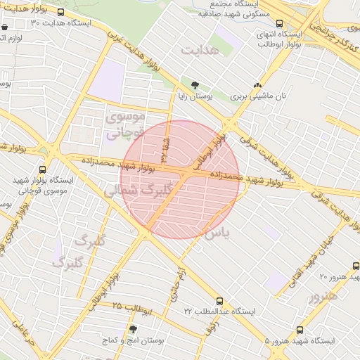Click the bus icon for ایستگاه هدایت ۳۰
coord(61,13)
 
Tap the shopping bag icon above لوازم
coord(6,28)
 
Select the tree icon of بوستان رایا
coord(186,84)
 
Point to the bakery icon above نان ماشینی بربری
coord(258,84)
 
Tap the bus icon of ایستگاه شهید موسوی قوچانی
coord(43,169)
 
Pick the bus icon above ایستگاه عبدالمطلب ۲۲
coord(220,301)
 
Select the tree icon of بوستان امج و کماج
coord(131,328)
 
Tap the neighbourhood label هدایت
coord(200,51)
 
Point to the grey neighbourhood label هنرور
coord(323,296)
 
